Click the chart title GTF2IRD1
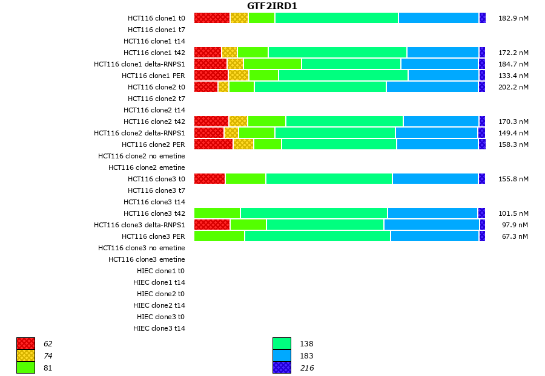(272, 6)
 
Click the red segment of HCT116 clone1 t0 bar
(212, 18)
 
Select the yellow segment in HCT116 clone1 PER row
(239, 76)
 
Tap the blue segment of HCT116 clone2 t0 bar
(432, 87)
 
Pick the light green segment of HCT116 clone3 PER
(219, 236)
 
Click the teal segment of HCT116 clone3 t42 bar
(314, 213)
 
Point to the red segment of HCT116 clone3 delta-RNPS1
(212, 225)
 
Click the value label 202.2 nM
(513, 87)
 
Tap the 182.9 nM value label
(513, 18)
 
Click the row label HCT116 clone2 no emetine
(142, 156)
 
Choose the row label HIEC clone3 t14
(159, 328)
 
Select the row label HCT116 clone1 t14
(154, 41)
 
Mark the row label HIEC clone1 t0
(161, 271)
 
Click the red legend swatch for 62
(25, 344)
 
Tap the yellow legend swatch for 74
(25, 355)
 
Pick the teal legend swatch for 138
(282, 344)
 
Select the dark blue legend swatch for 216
(282, 368)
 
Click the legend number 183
(306, 356)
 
